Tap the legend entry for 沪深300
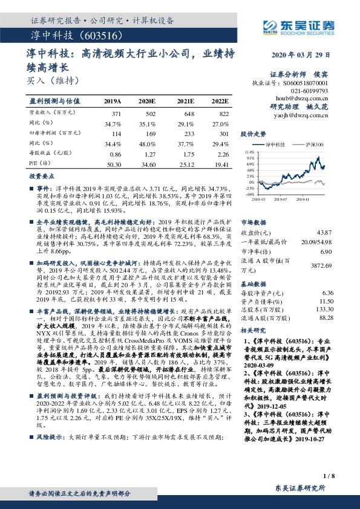click(x=317, y=145)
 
